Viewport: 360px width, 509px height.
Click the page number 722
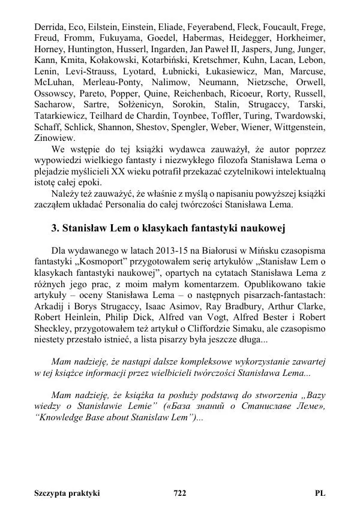point(179,493)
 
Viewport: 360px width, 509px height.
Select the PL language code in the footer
point(319,493)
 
